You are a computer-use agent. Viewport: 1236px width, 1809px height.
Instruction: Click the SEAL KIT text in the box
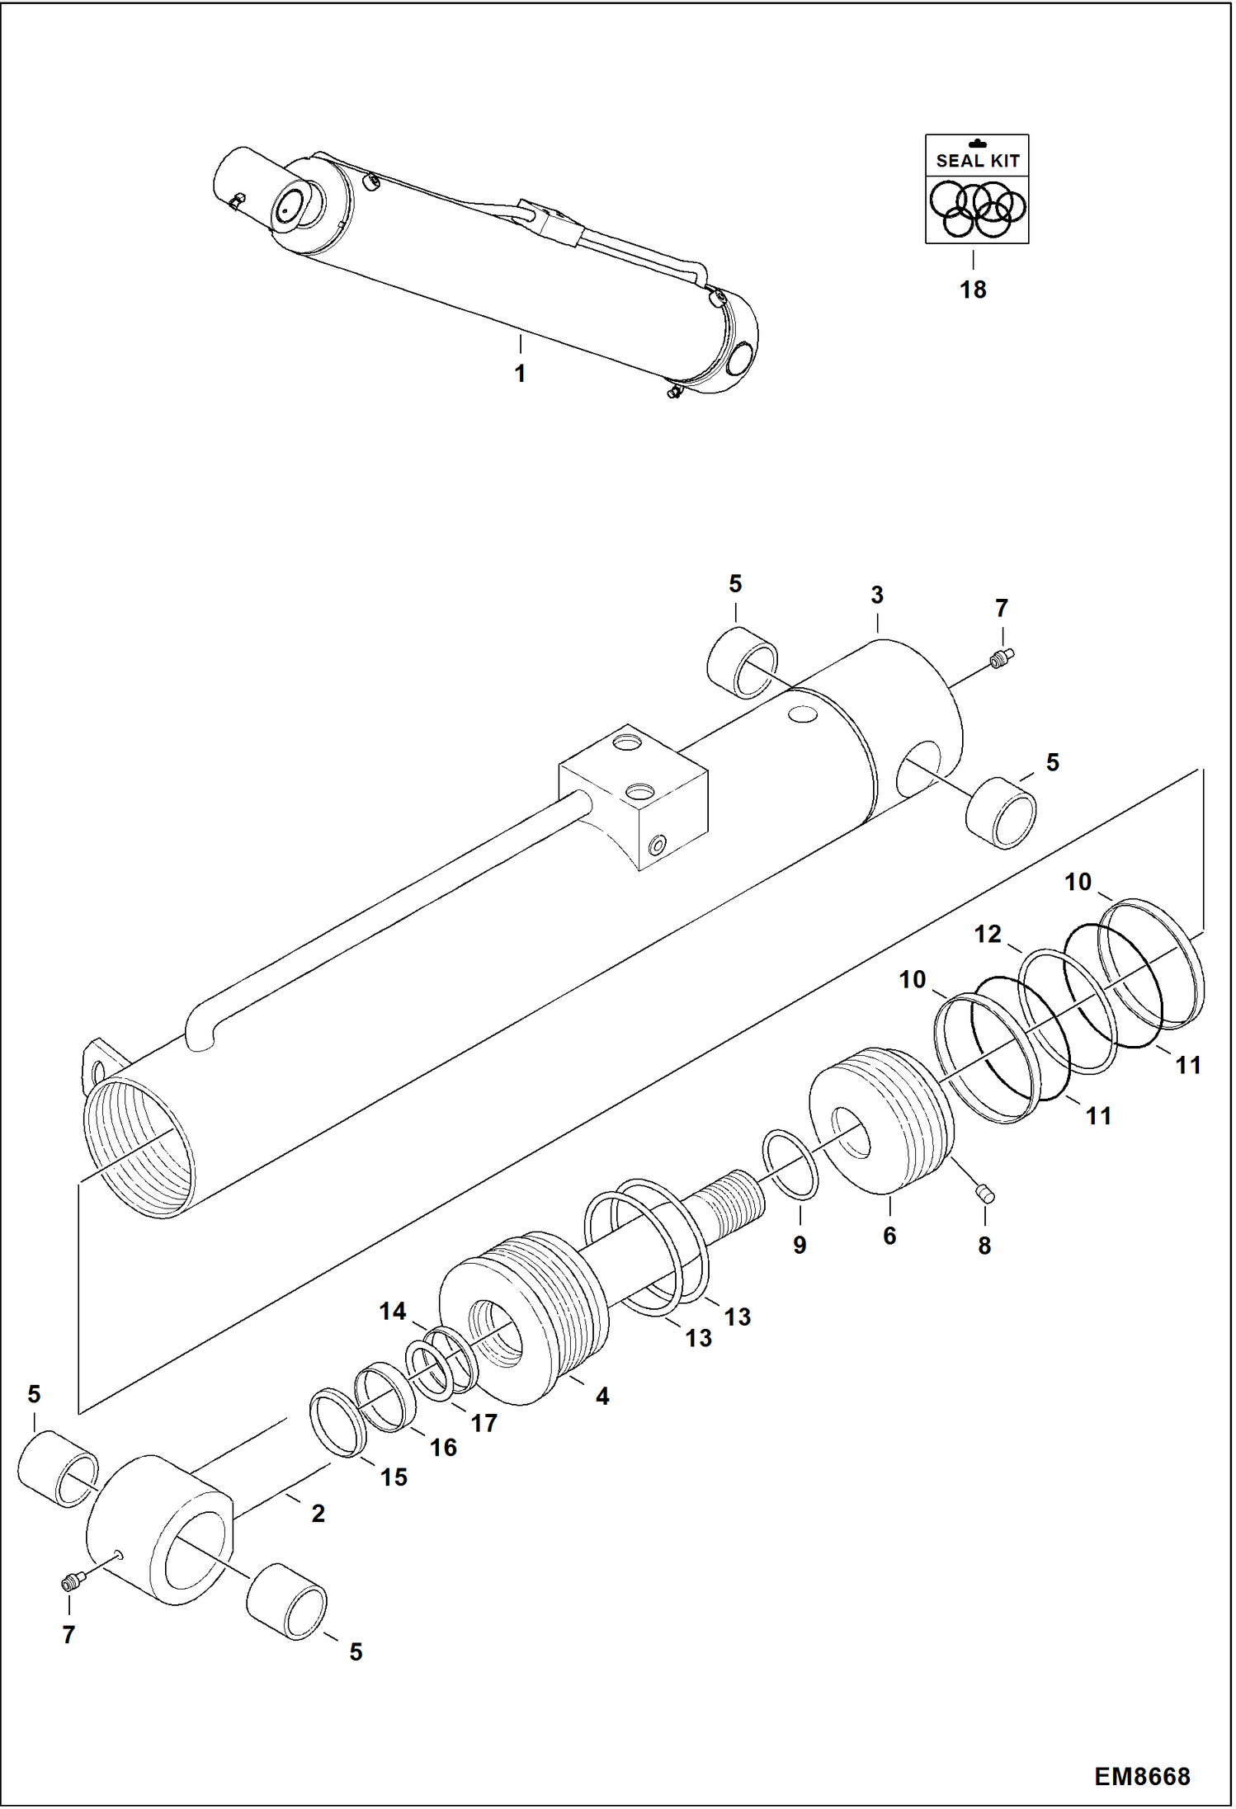click(x=977, y=161)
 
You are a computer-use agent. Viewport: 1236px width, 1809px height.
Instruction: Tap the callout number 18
click(x=973, y=290)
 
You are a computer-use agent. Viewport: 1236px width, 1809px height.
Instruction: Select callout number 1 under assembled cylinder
click(x=520, y=374)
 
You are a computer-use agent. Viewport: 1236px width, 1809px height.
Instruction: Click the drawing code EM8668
click(x=1142, y=1776)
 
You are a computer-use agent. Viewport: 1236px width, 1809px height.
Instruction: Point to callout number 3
click(x=877, y=595)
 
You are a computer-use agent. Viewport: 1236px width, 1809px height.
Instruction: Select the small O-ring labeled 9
click(x=790, y=1165)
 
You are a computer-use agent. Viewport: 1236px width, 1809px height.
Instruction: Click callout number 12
click(x=987, y=934)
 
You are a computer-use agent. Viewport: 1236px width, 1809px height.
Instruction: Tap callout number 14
click(x=393, y=1311)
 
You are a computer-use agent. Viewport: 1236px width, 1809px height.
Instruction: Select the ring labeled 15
click(x=337, y=1423)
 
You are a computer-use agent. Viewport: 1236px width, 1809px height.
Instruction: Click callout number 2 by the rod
click(x=318, y=1513)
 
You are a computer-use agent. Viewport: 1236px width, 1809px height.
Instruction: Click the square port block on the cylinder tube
click(x=634, y=795)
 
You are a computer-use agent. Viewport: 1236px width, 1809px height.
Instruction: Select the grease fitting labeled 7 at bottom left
click(x=70, y=1582)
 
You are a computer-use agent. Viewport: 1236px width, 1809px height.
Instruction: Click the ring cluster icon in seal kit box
click(x=977, y=210)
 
